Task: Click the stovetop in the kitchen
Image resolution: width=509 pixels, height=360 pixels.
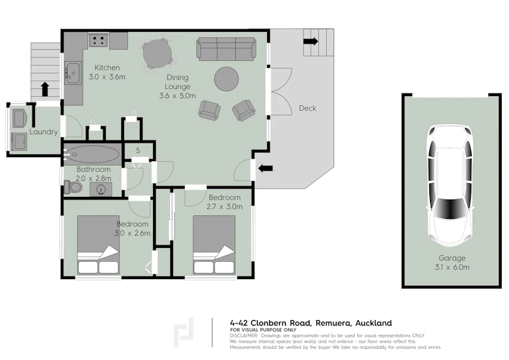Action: click(x=98, y=40)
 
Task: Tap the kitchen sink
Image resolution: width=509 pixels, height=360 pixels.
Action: click(x=73, y=73)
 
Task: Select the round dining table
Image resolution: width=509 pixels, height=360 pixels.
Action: click(x=158, y=54)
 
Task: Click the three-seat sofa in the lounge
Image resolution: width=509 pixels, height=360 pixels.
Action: click(x=226, y=48)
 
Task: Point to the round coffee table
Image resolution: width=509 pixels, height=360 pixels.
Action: click(x=227, y=79)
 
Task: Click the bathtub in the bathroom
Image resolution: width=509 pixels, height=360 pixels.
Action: click(x=92, y=154)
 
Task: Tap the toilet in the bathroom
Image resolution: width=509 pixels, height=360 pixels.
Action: click(x=73, y=187)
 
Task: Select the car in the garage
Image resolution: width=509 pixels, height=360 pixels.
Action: click(x=450, y=186)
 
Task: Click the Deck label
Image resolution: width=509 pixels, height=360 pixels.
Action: click(x=308, y=109)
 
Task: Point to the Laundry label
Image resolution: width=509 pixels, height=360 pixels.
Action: click(x=44, y=132)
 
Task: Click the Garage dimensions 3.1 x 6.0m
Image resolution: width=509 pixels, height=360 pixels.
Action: click(x=452, y=267)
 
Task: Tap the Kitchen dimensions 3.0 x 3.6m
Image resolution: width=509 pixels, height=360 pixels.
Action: click(x=107, y=77)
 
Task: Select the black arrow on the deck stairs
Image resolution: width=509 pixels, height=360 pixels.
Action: click(x=311, y=41)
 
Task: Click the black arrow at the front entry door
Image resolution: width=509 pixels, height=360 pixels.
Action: click(x=266, y=168)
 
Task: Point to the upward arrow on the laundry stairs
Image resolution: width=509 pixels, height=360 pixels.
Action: click(x=45, y=90)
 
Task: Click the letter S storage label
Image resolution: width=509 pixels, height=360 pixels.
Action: click(x=138, y=150)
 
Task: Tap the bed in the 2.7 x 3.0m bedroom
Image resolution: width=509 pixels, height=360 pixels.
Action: click(x=214, y=245)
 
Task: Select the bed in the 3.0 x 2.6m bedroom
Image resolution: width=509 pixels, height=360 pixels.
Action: click(x=98, y=245)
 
